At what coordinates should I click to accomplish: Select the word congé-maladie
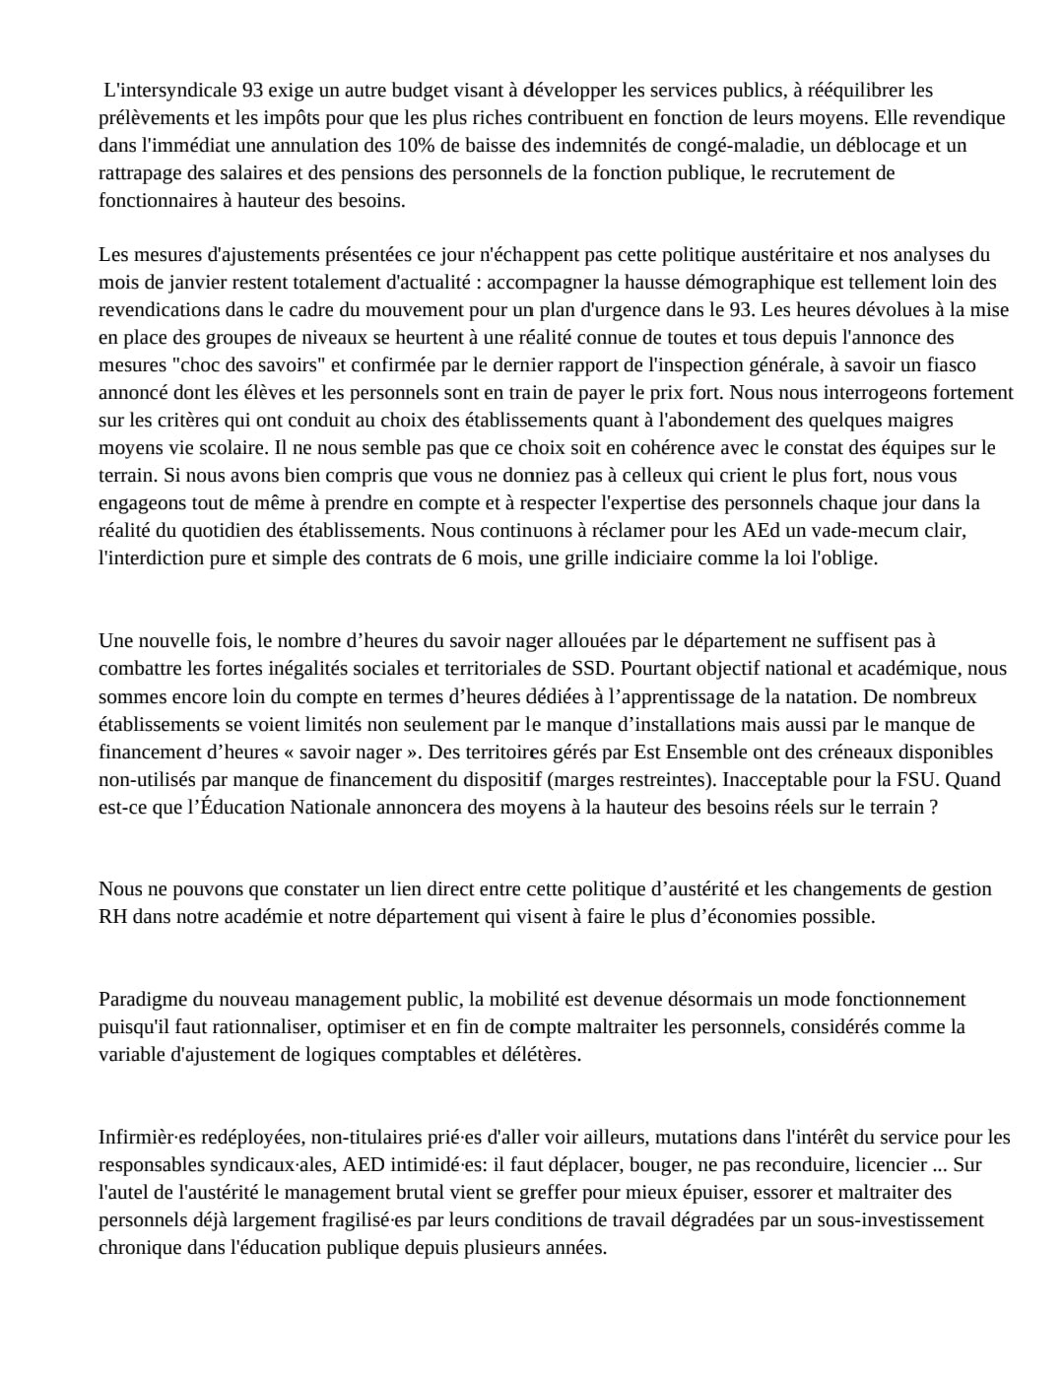[x=713, y=146]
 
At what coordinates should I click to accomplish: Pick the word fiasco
[x=949, y=365]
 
